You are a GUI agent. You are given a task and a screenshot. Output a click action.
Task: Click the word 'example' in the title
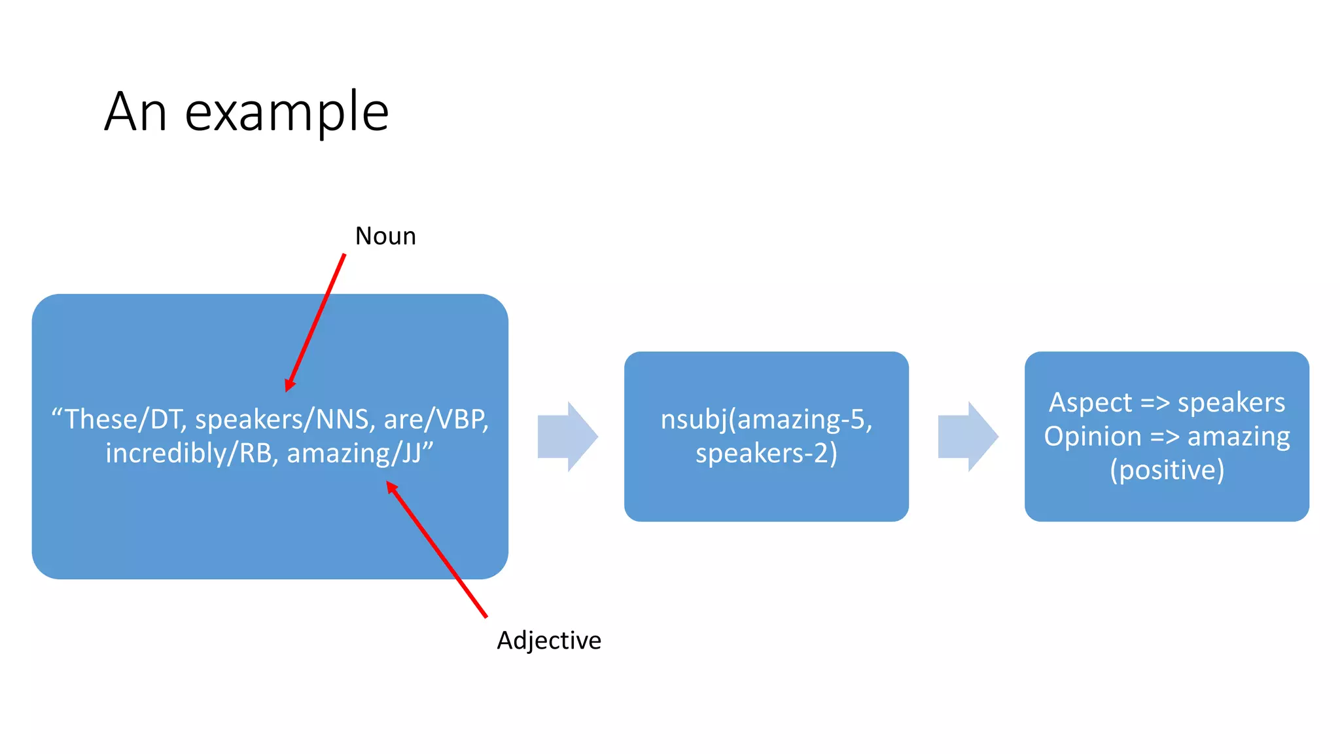tap(287, 113)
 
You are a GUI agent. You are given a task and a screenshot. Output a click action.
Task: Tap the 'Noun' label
tap(385, 236)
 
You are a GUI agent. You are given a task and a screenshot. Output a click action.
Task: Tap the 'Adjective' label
tap(548, 640)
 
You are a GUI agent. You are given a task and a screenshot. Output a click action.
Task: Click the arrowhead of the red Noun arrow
tap(289, 386)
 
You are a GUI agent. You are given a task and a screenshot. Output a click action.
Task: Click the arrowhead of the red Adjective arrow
tap(391, 486)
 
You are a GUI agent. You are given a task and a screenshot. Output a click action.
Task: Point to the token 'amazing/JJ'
tap(357, 454)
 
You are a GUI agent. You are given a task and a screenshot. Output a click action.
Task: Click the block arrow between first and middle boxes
tap(567, 437)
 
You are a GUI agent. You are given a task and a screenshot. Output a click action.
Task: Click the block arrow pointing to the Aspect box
tap(968, 437)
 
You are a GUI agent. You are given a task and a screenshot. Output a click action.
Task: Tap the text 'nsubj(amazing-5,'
tap(766, 420)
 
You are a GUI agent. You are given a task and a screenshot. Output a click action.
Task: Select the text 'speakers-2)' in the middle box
tap(766, 454)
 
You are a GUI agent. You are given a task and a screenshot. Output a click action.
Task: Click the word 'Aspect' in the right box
tap(1090, 403)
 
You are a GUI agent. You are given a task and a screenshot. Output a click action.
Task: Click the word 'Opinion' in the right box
tap(1092, 437)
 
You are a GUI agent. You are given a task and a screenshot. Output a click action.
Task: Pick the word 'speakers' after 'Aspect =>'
tap(1231, 403)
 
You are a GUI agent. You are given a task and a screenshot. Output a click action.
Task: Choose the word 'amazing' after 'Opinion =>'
tap(1239, 437)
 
